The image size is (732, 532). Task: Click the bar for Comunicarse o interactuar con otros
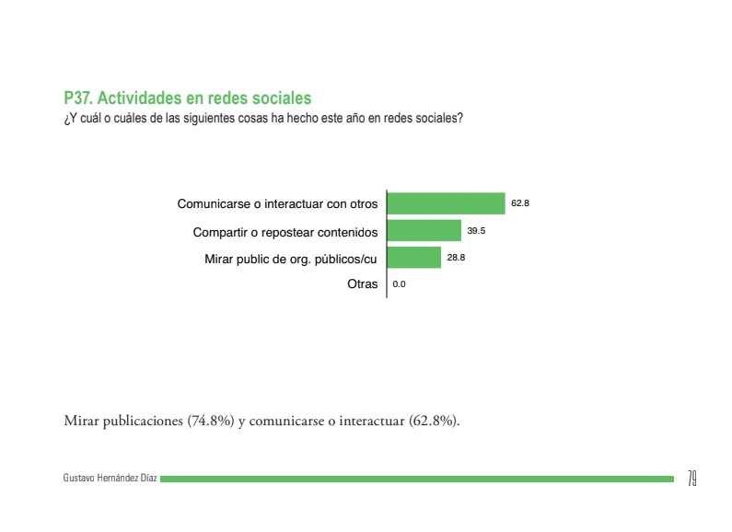(447, 203)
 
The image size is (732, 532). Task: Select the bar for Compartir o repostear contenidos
(424, 230)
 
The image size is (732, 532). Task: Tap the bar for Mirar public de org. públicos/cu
(414, 258)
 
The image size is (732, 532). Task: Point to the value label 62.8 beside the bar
(520, 203)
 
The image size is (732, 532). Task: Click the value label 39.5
(476, 230)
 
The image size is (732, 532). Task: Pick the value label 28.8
(456, 258)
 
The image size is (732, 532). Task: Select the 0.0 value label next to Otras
(399, 285)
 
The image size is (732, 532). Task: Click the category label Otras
(362, 284)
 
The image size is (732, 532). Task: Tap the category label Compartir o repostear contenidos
(285, 231)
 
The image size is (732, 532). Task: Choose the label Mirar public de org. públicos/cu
(291, 259)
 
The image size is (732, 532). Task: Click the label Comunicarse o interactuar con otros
(277, 203)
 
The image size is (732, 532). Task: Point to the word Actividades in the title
(137, 98)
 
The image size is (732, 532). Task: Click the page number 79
(691, 479)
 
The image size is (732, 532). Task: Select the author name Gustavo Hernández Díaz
(110, 479)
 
